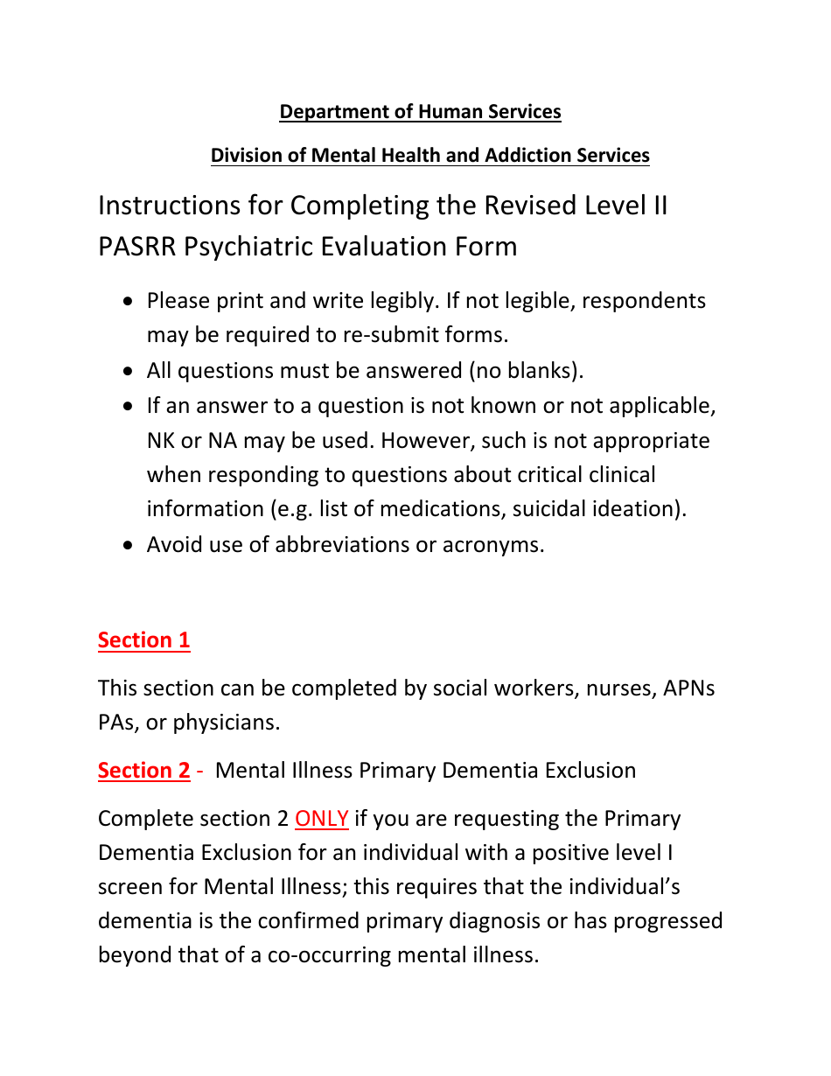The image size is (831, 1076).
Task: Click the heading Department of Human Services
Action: click(420, 112)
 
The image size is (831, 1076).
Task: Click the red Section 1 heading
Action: click(143, 640)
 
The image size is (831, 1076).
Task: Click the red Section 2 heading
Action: click(143, 771)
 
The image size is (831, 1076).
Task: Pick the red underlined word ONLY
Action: click(322, 819)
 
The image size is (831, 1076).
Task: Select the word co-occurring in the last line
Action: click(329, 954)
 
